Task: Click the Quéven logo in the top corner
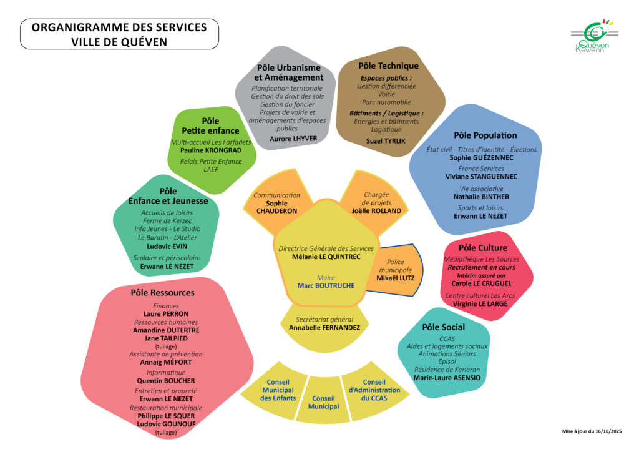(593, 37)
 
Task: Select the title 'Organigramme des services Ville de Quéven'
(119, 34)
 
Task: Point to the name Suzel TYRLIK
(385, 141)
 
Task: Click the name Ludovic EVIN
(167, 246)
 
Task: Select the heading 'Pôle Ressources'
(162, 292)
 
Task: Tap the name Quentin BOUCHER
(165, 381)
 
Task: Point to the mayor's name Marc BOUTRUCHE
(326, 285)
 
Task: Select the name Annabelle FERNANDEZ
(324, 327)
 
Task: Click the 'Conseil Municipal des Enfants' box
(277, 390)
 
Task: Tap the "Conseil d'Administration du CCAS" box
(374, 390)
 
